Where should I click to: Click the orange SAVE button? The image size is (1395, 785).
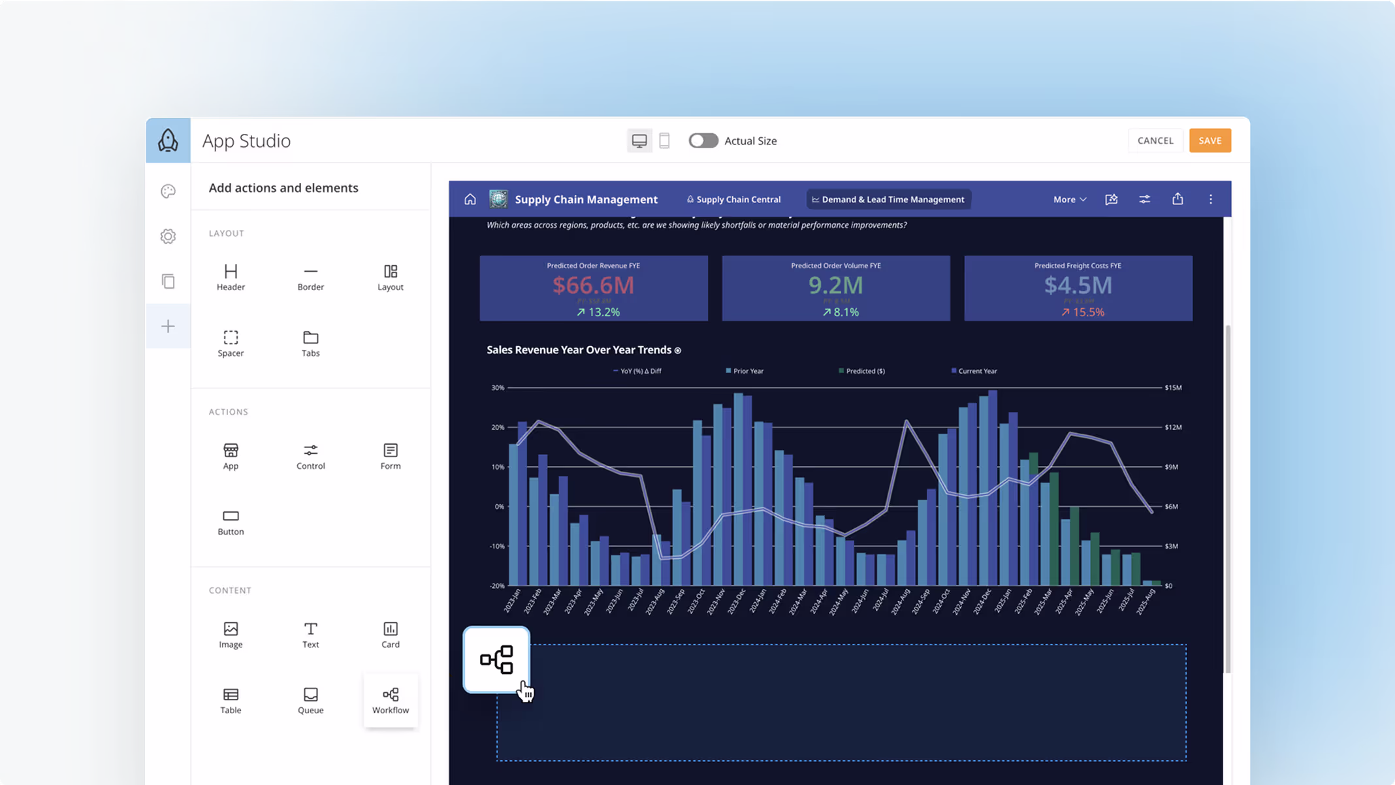[x=1210, y=140]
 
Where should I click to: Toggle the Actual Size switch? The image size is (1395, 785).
[x=703, y=140]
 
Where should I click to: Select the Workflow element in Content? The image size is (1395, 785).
[x=391, y=700]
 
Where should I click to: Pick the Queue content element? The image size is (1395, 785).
[x=310, y=700]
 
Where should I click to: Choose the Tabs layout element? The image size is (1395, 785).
[x=310, y=343]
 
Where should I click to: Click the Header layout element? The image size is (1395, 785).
[x=231, y=277]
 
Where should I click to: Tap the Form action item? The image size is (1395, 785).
[x=391, y=456]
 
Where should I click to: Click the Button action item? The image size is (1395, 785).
[x=231, y=522]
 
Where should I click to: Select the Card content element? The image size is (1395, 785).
[x=391, y=634]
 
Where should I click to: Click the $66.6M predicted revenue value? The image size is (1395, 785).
[x=593, y=285]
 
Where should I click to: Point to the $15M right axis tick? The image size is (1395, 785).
[x=1173, y=387]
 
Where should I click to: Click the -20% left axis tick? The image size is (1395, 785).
[x=497, y=586]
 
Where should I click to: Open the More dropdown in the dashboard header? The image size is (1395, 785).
[x=1069, y=199]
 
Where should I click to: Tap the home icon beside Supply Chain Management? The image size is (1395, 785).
[x=470, y=199]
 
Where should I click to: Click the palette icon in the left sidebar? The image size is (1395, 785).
[x=168, y=191]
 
